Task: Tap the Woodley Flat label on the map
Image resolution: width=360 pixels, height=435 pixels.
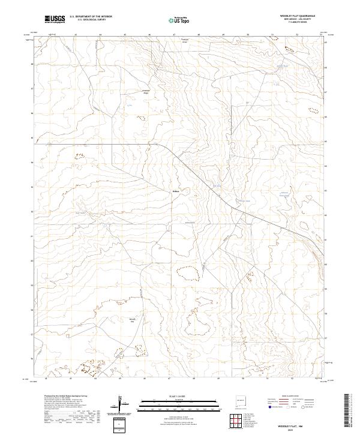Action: click(x=133, y=320)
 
